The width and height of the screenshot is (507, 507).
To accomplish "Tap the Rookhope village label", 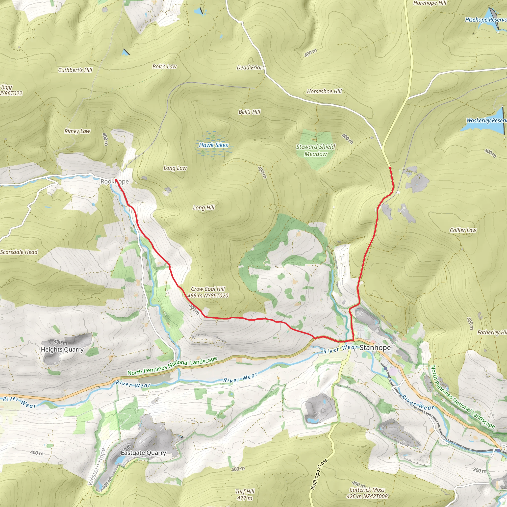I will [x=115, y=182].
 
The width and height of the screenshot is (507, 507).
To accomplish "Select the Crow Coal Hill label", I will [x=208, y=289].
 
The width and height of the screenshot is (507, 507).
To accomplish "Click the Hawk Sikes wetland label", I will [x=213, y=145].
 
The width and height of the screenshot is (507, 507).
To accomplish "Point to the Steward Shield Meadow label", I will [x=316, y=150].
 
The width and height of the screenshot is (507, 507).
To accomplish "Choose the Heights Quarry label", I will [x=62, y=350].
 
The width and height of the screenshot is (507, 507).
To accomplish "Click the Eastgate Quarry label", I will [x=143, y=453].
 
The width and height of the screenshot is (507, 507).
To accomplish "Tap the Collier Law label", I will [x=463, y=230].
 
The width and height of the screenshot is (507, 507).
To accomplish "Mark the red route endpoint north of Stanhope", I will [x=390, y=168].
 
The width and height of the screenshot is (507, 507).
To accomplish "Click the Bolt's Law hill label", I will [x=165, y=67].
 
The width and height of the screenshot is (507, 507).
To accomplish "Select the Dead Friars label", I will [x=251, y=68].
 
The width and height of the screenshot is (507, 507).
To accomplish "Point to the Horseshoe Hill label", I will [x=324, y=92].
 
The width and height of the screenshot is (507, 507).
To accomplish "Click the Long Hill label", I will [x=204, y=207].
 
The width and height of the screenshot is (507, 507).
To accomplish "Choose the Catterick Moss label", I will [x=367, y=490].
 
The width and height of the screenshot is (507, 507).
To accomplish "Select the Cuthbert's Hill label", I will [x=75, y=70].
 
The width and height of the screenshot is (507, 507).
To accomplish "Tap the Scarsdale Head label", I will [x=19, y=252].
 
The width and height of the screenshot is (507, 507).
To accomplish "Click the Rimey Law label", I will [x=77, y=131].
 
